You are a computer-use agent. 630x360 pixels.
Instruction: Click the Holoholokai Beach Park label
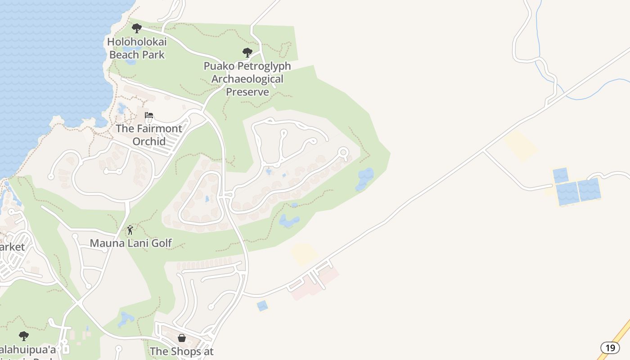pyautogui.click(x=137, y=48)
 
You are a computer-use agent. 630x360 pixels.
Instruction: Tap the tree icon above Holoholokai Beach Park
pyautogui.click(x=137, y=28)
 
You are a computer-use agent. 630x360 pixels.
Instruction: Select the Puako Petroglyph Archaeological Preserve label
pyautogui.click(x=247, y=79)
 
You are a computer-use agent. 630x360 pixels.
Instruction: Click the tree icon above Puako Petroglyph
pyautogui.click(x=247, y=53)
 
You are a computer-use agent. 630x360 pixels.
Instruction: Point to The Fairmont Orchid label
pyautogui.click(x=149, y=135)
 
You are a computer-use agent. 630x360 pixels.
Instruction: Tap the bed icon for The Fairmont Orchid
pyautogui.click(x=149, y=116)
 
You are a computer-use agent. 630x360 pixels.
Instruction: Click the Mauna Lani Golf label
pyautogui.click(x=130, y=243)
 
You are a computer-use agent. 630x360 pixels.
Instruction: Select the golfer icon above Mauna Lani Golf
pyautogui.click(x=130, y=230)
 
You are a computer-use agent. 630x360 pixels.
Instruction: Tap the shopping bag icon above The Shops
pyautogui.click(x=182, y=337)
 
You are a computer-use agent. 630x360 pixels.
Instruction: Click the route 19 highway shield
pyautogui.click(x=610, y=347)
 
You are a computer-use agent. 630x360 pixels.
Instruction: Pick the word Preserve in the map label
pyautogui.click(x=247, y=92)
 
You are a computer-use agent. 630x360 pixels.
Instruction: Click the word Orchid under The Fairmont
pyautogui.click(x=149, y=141)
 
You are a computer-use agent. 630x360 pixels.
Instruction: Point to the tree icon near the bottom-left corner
pyautogui.click(x=24, y=336)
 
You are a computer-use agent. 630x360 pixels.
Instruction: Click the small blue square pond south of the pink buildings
pyautogui.click(x=262, y=306)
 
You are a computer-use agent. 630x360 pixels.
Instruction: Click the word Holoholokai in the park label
pyautogui.click(x=137, y=42)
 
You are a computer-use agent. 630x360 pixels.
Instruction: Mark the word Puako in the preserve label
pyautogui.click(x=219, y=66)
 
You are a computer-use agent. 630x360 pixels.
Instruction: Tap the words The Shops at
pyautogui.click(x=181, y=351)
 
